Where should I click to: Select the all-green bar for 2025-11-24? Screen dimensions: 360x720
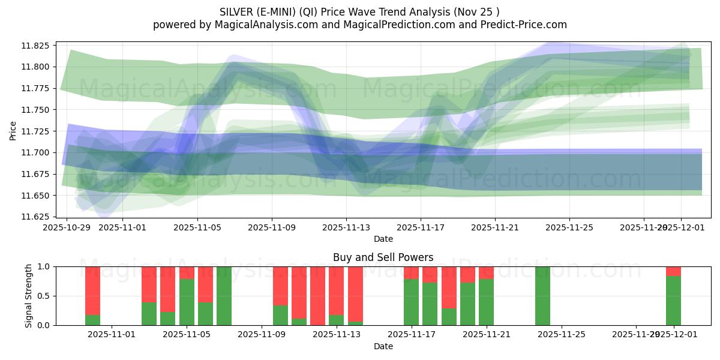point(542,296)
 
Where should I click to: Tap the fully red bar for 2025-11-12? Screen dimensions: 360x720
point(317,296)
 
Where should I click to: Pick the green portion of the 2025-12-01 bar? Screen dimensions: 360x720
point(673,301)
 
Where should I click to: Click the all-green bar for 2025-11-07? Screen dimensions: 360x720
point(224,296)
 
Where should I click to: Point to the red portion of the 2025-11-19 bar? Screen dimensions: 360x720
point(449,287)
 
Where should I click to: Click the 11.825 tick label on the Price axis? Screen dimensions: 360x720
point(37,46)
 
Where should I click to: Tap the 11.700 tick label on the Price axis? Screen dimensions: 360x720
point(37,153)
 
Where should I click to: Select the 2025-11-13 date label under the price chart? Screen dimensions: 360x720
point(346,228)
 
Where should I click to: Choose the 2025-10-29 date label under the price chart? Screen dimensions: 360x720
point(66,228)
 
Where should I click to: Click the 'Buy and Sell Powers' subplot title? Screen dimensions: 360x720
point(383,258)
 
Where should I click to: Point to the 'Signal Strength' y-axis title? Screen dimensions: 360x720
point(29,296)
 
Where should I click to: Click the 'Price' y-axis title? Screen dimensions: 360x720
point(13,130)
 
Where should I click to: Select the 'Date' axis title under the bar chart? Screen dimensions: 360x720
point(383,346)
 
